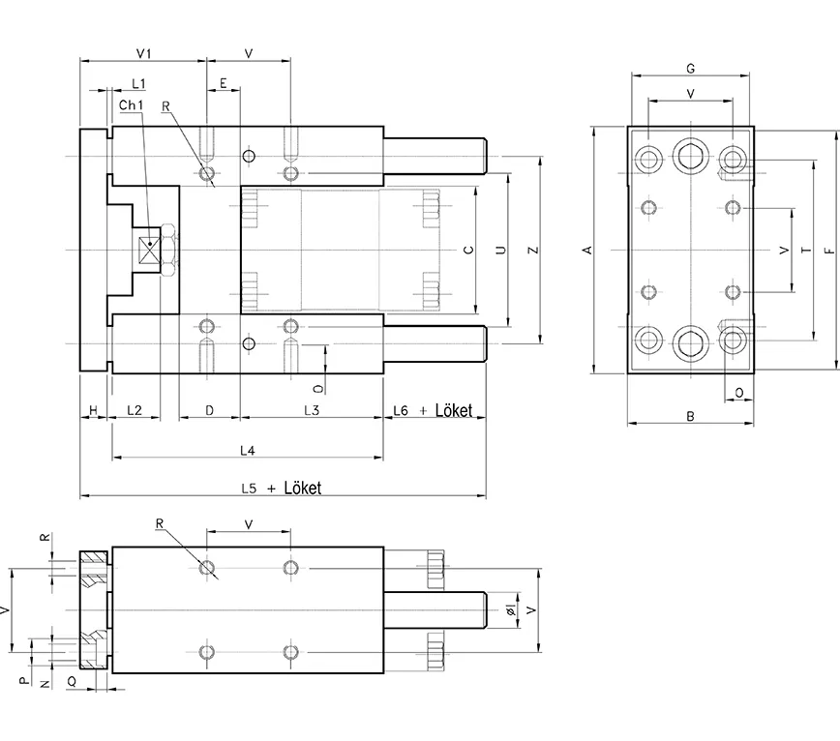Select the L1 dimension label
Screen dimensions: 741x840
(138, 84)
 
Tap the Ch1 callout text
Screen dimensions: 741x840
(132, 104)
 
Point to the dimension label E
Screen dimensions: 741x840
(224, 84)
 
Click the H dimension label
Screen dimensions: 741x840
(93, 411)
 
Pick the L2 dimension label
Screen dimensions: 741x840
(135, 411)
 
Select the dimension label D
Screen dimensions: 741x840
(209, 411)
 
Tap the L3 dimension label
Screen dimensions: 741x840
(312, 411)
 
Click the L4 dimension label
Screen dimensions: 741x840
(247, 451)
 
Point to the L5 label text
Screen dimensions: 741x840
(249, 489)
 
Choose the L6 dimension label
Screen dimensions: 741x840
(401, 411)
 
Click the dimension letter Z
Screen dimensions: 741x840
(532, 250)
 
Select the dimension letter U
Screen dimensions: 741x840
(500, 250)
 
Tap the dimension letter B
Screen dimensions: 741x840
(690, 417)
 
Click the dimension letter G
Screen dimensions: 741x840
(690, 69)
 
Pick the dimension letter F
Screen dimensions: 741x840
(828, 251)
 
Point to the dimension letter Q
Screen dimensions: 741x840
(73, 681)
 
